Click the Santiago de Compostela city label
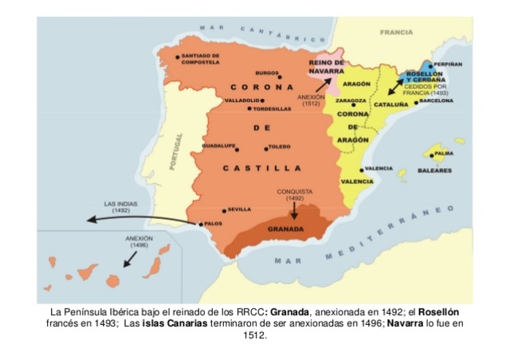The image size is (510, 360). pos(200,59)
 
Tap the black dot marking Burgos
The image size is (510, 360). pos(280,77)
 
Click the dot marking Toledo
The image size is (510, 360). pos(266,148)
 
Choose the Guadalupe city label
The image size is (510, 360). pos(218,147)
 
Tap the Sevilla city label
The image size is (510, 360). pos(239,209)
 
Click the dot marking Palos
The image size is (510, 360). pos(200,224)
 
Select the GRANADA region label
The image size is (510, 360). pos(285,229)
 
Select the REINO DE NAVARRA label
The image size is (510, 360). pos(326,66)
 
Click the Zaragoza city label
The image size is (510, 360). pos(351,102)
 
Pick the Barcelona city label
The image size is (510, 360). pos(437,101)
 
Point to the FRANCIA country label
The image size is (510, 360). pos(396,33)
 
